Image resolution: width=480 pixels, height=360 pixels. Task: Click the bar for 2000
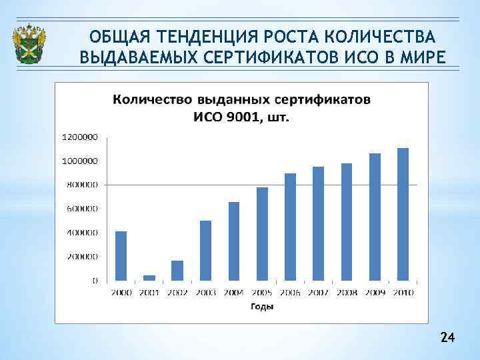tap(121, 256)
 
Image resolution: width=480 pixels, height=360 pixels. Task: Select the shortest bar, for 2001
tap(149, 277)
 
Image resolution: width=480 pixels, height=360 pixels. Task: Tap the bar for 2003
tap(205, 251)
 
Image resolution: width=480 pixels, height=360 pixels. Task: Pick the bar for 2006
tap(290, 227)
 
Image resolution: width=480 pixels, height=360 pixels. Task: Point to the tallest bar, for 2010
tap(403, 214)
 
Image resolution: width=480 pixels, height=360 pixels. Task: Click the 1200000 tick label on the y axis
tap(80, 137)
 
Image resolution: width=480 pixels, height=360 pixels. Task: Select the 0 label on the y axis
tap(94, 281)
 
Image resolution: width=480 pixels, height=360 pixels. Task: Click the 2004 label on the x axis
tap(233, 293)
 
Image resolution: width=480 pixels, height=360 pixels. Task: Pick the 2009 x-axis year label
tap(375, 293)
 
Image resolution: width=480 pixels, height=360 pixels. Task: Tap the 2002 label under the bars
tap(177, 293)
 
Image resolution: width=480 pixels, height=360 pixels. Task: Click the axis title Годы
tap(262, 307)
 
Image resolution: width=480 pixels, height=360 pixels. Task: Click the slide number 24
tap(447, 339)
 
